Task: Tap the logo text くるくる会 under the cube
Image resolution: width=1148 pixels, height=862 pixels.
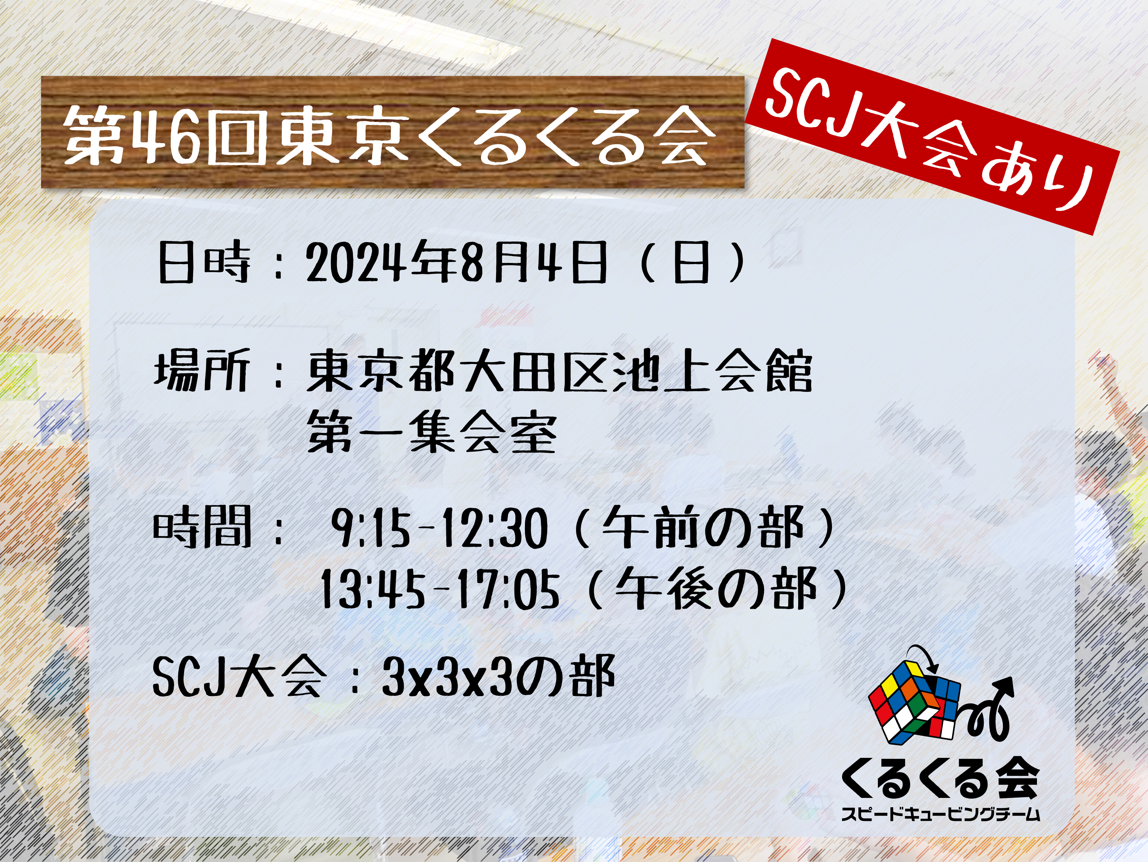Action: (940, 782)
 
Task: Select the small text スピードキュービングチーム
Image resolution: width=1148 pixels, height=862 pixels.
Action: (941, 813)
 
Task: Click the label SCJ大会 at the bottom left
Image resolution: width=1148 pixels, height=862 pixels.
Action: (239, 677)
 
